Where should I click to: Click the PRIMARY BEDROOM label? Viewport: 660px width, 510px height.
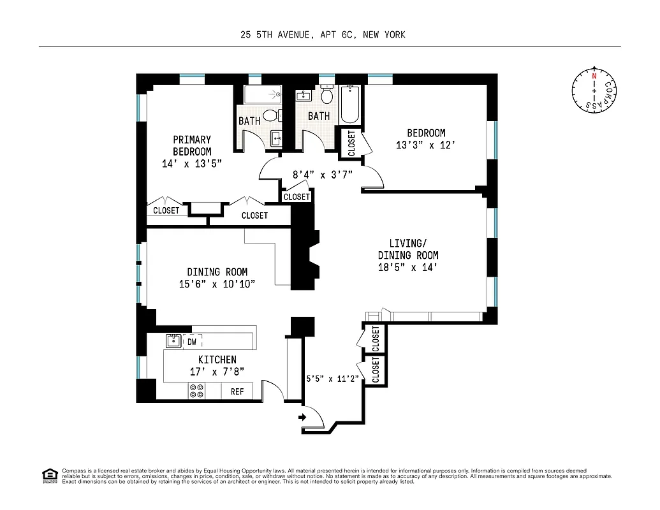point(192,145)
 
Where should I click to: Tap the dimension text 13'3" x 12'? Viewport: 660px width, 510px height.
point(426,145)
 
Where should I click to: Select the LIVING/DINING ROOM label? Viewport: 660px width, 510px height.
point(408,249)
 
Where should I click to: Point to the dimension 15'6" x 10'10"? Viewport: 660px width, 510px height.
point(217,284)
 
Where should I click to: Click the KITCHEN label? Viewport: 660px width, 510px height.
point(217,360)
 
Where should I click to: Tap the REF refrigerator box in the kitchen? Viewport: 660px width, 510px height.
point(237,391)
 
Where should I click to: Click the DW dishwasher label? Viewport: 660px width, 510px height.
point(191,342)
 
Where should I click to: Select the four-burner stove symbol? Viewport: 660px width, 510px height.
point(196,391)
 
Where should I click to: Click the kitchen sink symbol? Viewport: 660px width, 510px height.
point(173,341)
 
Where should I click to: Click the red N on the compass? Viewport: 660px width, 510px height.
point(594,76)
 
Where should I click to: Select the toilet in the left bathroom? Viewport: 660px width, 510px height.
point(270,115)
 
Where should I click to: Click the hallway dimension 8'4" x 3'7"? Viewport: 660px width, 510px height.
point(323,173)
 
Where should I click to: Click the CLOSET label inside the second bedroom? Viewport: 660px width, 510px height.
point(352,143)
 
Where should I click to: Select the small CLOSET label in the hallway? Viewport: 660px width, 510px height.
point(297,197)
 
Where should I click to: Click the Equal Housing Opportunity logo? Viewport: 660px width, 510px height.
point(49,474)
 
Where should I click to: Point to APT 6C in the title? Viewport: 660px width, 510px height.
point(335,34)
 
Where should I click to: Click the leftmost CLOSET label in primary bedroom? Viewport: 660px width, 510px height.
point(166,210)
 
